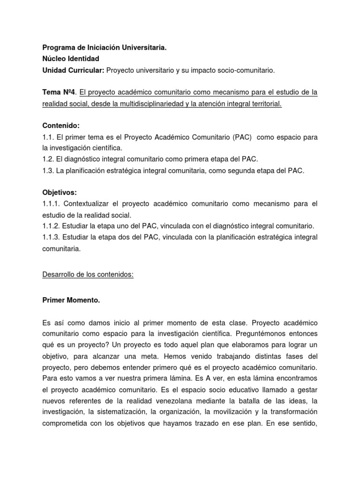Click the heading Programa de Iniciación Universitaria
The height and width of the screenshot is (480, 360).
104,47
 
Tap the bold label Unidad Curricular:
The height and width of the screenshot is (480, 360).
74,70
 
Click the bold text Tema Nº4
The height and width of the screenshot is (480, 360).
58,92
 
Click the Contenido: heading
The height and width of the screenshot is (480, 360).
61,126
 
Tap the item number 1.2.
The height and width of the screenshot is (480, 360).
48,160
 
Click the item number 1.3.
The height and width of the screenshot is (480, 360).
48,171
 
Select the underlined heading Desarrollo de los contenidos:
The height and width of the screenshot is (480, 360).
88,275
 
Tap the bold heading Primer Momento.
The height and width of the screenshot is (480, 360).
71,300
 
